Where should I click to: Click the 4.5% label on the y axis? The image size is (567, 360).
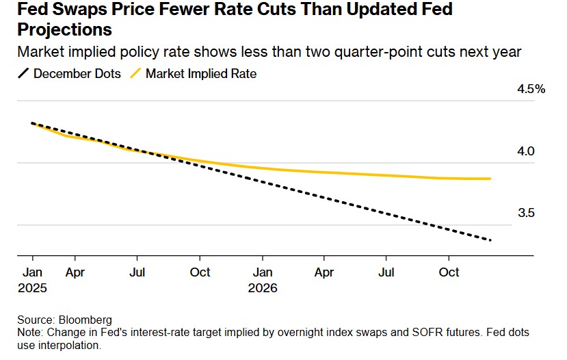(x=531, y=89)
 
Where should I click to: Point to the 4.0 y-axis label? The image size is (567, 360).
(x=526, y=151)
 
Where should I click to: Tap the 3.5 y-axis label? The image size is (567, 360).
(x=526, y=213)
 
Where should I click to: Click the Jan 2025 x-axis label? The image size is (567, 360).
(x=32, y=279)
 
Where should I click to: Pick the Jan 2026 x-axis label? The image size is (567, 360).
(x=262, y=279)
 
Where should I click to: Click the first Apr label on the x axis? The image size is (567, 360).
(x=75, y=272)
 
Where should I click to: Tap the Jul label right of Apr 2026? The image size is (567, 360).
(x=386, y=272)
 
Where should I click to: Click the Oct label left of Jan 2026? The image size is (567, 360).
(x=200, y=272)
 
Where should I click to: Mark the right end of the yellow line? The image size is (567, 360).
(x=490, y=179)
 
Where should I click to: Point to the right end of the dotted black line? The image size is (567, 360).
(x=490, y=240)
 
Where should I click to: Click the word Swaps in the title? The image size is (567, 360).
(x=88, y=10)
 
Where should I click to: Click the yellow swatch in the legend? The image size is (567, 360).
(x=134, y=73)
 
